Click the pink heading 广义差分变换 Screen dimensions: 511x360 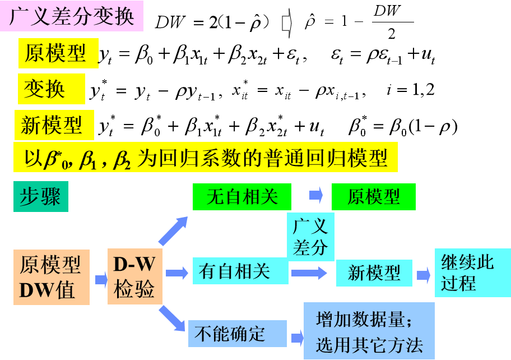coord(72,16)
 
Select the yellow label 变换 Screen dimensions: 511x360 coord(52,89)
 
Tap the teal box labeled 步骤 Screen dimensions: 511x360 coord(41,196)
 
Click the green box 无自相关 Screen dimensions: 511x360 coord(242,197)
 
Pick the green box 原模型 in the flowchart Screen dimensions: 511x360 coord(374,197)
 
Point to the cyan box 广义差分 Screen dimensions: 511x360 coord(310,237)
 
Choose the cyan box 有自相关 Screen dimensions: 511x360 coord(240,271)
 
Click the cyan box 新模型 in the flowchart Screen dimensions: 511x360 coord(374,273)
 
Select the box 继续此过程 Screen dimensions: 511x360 coord(473,273)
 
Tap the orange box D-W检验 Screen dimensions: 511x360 coord(135,276)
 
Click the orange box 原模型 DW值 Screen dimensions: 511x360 coord(52,277)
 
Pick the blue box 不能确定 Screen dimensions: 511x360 coord(238,333)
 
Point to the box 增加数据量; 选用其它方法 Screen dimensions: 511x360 coord(369,331)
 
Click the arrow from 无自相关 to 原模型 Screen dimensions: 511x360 coord(316,195)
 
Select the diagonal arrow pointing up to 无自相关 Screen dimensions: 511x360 coord(173,231)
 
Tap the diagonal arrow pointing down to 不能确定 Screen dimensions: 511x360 coord(172,319)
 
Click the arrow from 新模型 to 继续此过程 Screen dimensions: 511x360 coord(424,275)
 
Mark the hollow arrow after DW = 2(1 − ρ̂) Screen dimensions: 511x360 coord(287,23)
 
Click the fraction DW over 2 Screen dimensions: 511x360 coord(392,22)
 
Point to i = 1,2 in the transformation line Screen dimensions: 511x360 coord(410,90)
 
